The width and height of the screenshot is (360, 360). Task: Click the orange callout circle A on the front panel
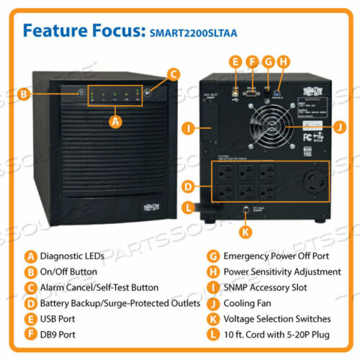(x=113, y=122)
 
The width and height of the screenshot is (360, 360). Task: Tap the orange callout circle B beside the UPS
(x=24, y=94)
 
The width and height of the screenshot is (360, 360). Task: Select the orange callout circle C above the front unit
(x=172, y=73)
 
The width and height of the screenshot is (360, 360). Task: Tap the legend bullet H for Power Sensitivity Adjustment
(x=212, y=271)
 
